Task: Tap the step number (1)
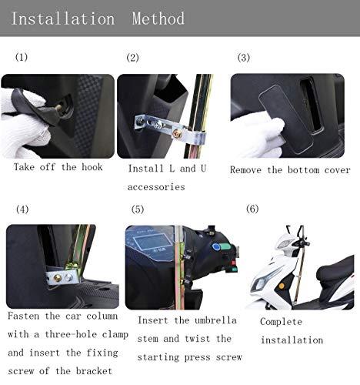21,59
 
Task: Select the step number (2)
132,59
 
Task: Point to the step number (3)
244,59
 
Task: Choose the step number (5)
138,209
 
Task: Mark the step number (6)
252,209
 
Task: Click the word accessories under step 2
155,187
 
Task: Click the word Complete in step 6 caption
282,321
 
